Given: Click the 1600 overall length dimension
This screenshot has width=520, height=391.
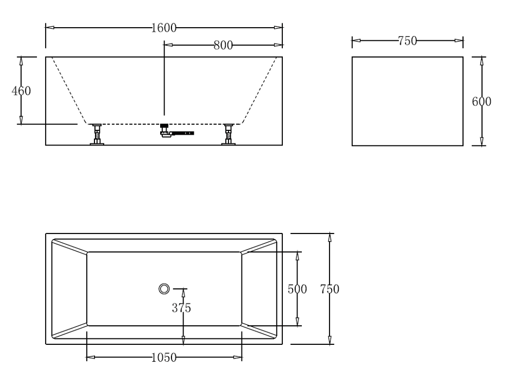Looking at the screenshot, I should tap(163, 28).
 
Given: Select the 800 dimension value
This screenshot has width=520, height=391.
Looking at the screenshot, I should tap(223, 46).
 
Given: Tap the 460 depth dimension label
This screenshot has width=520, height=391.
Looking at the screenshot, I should tap(21, 91).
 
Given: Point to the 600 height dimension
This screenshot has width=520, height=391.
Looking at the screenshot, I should tap(481, 102).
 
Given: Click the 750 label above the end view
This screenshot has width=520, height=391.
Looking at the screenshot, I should tap(407, 41).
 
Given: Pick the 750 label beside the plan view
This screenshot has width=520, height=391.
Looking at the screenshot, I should tap(329, 289).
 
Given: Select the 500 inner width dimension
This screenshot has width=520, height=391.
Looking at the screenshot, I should tap(297, 289).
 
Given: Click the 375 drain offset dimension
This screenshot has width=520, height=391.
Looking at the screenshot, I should tap(181, 308).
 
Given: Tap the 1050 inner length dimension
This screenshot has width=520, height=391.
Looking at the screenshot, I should tap(163, 357).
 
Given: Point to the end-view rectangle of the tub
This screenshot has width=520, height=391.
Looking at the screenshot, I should tap(407, 102).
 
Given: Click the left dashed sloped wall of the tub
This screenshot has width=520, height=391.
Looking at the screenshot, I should tap(69, 91).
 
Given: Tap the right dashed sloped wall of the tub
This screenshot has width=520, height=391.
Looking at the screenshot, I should tap(259, 91).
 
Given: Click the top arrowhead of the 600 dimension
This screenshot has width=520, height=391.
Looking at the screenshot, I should tap(481, 60).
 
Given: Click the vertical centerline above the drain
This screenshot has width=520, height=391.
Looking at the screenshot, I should tap(164, 81).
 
